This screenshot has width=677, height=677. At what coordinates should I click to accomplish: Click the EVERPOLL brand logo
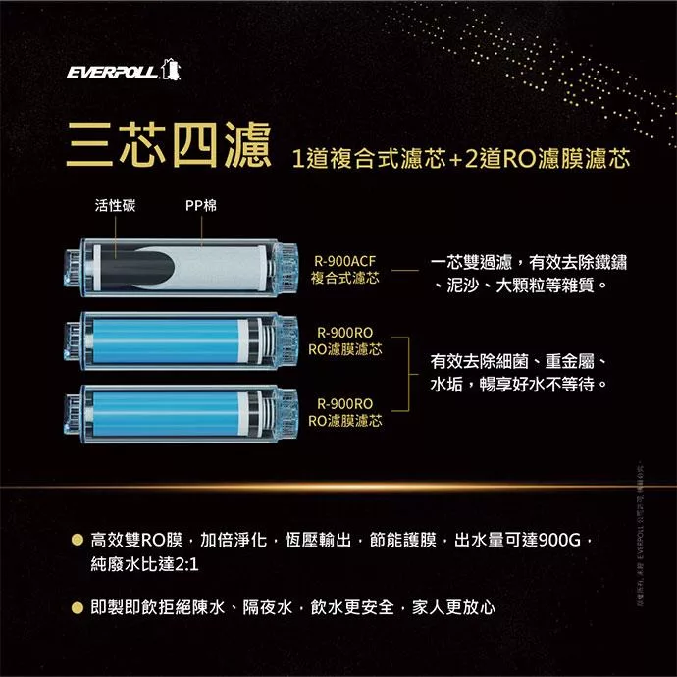point(123,73)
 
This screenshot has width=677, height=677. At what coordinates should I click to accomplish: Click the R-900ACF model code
point(344,261)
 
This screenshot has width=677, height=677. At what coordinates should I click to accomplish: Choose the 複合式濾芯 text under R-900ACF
point(344,279)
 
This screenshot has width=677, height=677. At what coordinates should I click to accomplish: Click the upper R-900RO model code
point(344,333)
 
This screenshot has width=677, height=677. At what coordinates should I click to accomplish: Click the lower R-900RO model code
point(344,403)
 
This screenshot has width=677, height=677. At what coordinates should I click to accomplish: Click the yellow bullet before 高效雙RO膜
point(76,540)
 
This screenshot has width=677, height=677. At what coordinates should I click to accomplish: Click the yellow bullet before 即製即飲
point(76,607)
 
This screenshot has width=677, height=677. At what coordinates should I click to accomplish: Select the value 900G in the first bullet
point(561,540)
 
